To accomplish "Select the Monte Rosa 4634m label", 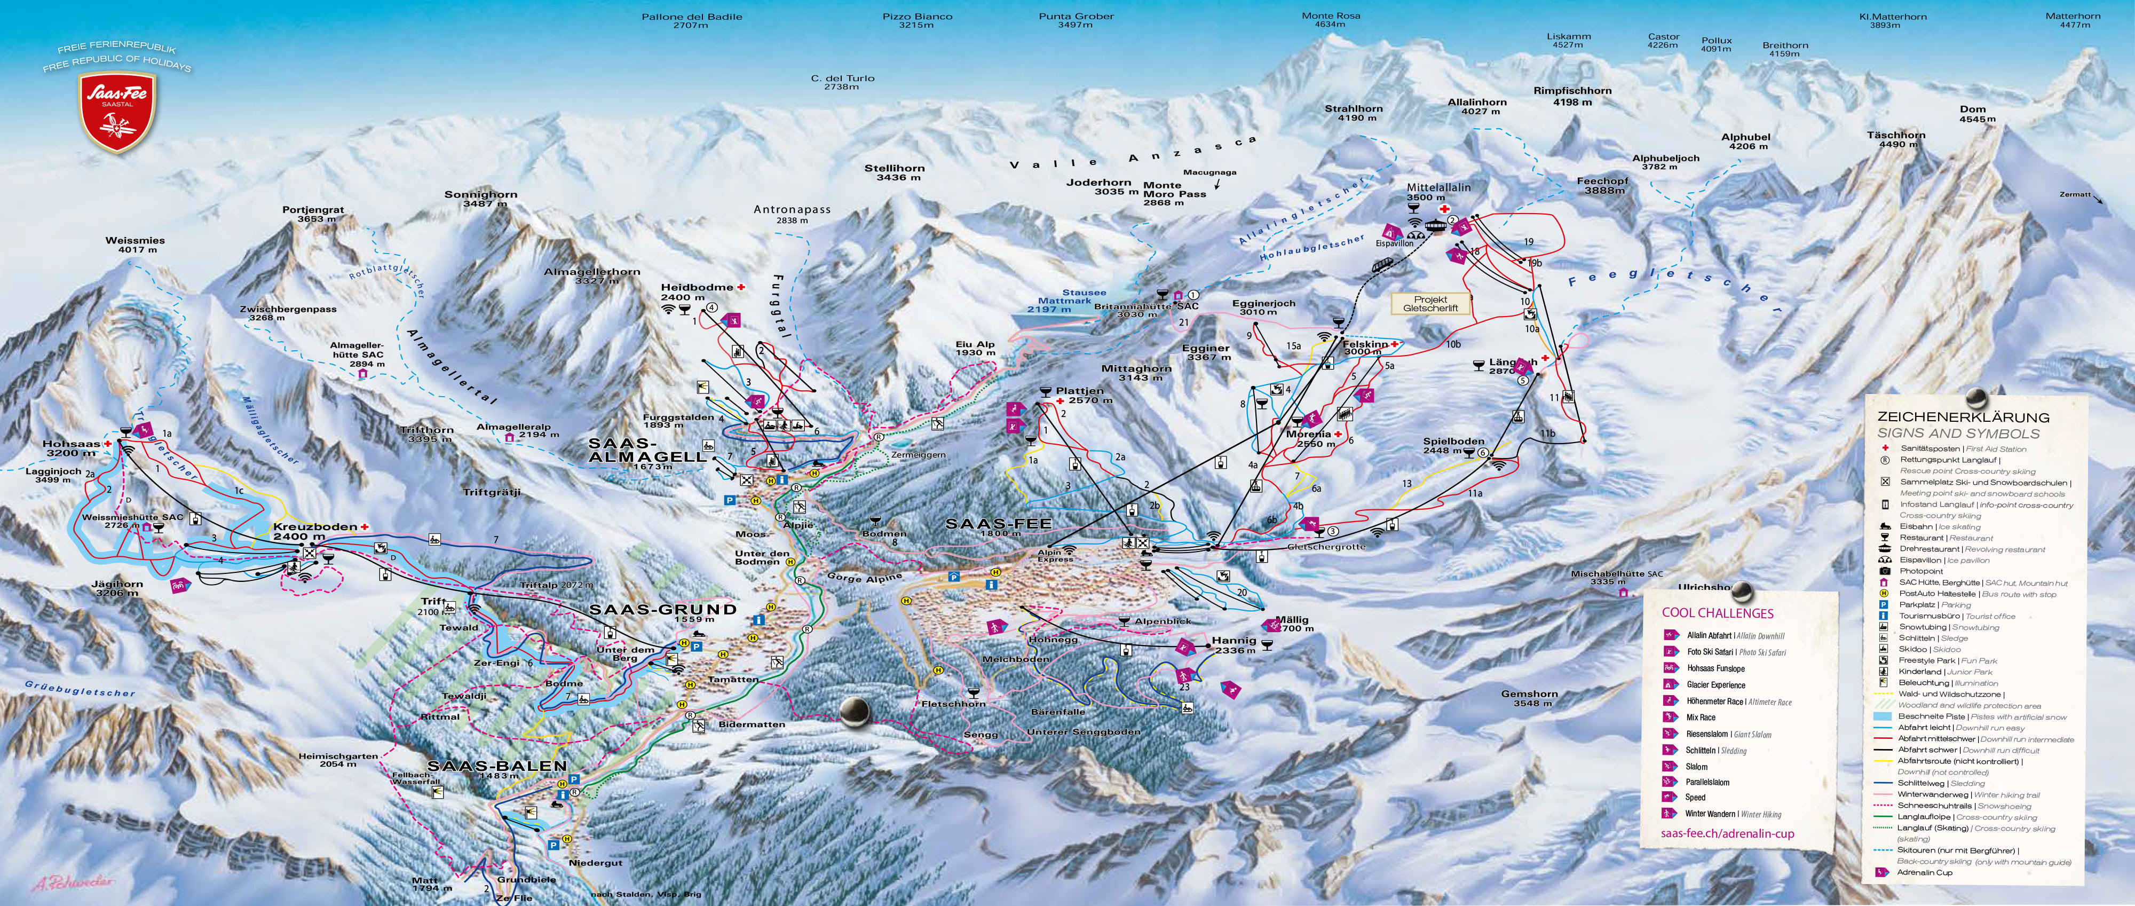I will pos(1330,20).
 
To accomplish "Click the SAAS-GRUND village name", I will pos(662,609).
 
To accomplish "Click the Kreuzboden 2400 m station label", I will pos(314,531).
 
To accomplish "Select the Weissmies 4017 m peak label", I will pos(135,245).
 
